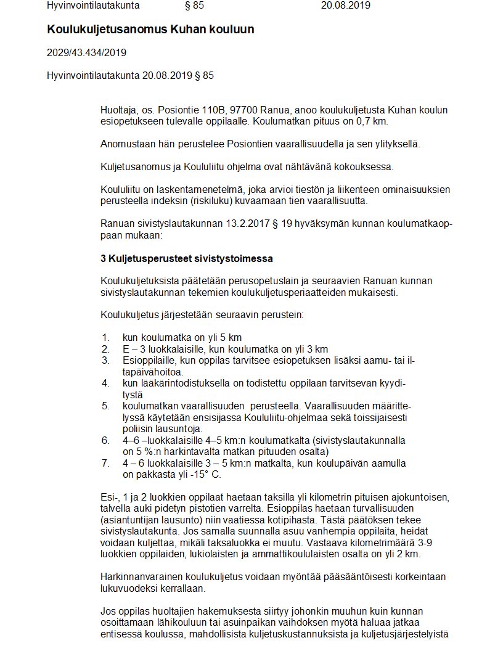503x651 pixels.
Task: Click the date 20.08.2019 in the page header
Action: (346, 6)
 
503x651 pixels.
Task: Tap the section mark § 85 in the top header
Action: (194, 6)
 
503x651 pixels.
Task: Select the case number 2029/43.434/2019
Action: (86, 52)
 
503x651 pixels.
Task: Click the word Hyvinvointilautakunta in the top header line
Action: (93, 6)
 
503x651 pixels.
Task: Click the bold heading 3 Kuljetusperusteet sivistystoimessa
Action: (187, 258)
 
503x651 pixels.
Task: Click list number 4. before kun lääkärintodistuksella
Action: (105, 383)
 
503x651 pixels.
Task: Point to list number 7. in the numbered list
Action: (105, 463)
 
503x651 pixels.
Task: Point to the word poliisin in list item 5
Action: (137, 428)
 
